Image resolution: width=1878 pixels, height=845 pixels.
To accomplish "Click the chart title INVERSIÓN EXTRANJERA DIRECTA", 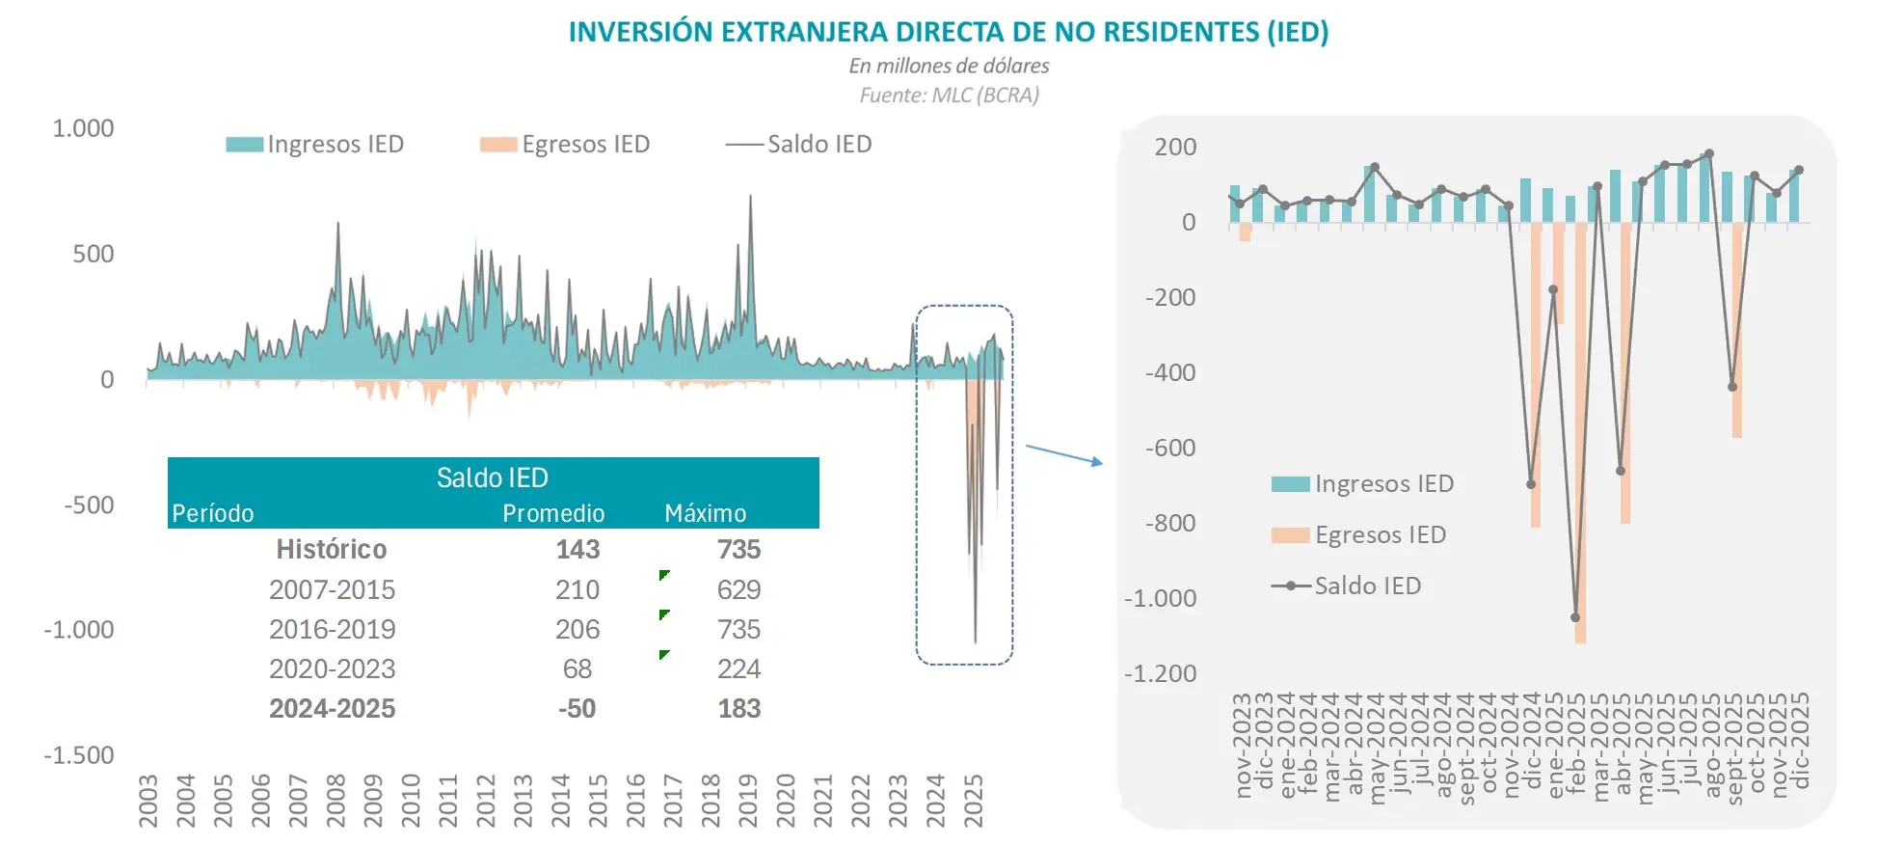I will [x=948, y=32].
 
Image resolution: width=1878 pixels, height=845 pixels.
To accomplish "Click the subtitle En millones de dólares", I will [x=949, y=66].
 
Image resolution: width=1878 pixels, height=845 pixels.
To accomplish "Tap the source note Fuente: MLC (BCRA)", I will [x=949, y=95].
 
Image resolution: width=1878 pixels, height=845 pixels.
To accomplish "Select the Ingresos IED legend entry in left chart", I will [x=315, y=145].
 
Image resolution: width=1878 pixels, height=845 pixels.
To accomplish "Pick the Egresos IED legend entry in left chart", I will [x=565, y=145].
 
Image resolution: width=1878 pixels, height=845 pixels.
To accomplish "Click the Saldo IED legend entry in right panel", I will [x=1347, y=586].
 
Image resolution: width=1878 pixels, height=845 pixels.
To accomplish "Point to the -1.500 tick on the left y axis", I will [x=79, y=755].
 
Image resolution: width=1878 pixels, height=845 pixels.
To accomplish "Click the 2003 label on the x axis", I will [x=148, y=801].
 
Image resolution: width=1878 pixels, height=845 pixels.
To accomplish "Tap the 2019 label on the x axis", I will [x=748, y=801].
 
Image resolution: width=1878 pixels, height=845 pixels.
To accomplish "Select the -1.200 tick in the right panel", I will [x=1160, y=673].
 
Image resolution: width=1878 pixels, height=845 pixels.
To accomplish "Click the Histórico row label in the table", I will [x=331, y=550].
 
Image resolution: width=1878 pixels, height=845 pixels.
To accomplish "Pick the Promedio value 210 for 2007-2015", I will [x=577, y=589].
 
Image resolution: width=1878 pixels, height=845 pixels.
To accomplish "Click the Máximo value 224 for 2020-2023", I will [x=738, y=668].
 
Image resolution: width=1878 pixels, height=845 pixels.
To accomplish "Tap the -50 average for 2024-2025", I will [x=577, y=708].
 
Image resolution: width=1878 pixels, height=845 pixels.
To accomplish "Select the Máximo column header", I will [x=705, y=513].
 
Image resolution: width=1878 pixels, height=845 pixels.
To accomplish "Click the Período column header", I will [x=213, y=513].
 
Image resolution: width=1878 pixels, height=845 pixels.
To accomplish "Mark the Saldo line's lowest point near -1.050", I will [x=1575, y=617].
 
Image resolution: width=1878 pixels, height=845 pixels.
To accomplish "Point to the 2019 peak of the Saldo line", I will [x=750, y=197].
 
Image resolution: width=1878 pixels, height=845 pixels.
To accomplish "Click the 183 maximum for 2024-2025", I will [x=738, y=708].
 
